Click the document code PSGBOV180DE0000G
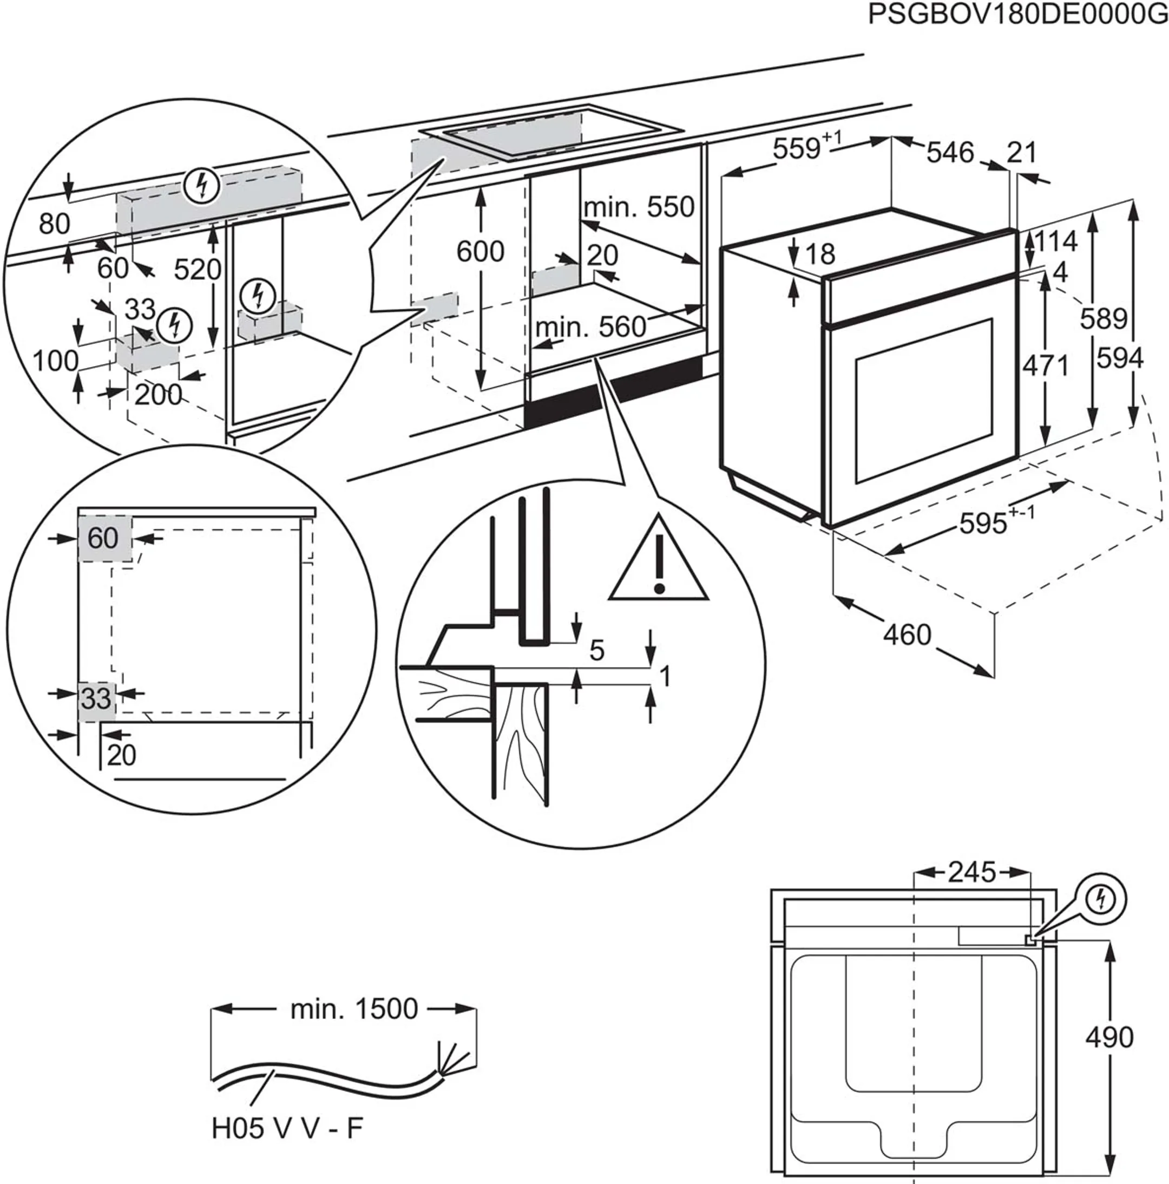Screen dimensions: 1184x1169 (x=1017, y=15)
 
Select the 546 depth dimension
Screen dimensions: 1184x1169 (x=949, y=153)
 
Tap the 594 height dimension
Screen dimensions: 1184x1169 (x=1120, y=358)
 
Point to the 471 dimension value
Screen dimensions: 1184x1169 (x=1046, y=366)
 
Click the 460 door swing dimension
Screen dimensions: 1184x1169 (x=907, y=635)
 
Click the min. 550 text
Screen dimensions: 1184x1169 (x=639, y=208)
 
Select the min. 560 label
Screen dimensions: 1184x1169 (x=590, y=327)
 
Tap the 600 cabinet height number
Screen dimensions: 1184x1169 (x=481, y=251)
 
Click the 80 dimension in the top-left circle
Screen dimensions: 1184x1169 (x=54, y=224)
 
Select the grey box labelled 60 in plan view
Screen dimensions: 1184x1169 (x=103, y=539)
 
